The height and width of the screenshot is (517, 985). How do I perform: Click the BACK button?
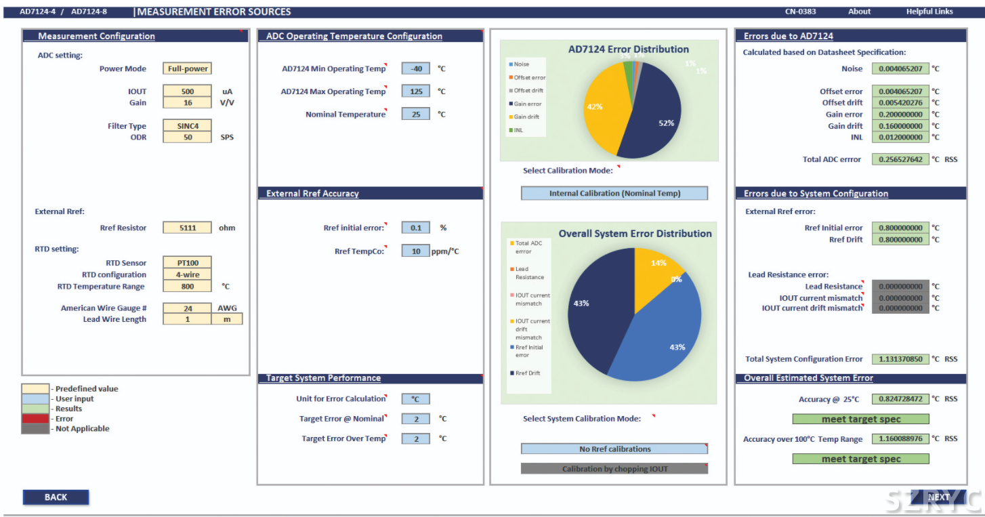pyautogui.click(x=56, y=497)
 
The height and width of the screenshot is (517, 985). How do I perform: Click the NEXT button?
pyautogui.click(x=938, y=497)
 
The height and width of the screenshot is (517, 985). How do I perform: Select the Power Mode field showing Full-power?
pyautogui.click(x=187, y=68)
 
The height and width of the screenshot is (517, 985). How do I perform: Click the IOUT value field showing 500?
pyautogui.click(x=187, y=91)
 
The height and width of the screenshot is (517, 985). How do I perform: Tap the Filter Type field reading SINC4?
pyautogui.click(x=187, y=126)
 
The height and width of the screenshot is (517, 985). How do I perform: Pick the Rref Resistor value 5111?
pyautogui.click(x=187, y=228)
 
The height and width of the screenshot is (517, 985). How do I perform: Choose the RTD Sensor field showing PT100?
pyautogui.click(x=187, y=263)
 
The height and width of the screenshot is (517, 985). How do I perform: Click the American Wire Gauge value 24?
pyautogui.click(x=187, y=308)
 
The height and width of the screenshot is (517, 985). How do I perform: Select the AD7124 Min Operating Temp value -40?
pyautogui.click(x=415, y=68)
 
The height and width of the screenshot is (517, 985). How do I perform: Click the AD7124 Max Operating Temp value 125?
pyautogui.click(x=415, y=91)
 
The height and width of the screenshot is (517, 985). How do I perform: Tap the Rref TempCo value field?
pyautogui.click(x=415, y=251)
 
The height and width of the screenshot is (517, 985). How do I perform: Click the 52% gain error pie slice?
pyautogui.click(x=654, y=115)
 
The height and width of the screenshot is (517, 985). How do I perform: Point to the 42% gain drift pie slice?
pyautogui.click(x=603, y=108)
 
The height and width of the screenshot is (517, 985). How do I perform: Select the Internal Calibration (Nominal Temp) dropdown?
pyautogui.click(x=614, y=194)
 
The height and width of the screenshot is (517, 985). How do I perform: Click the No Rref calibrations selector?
pyautogui.click(x=614, y=449)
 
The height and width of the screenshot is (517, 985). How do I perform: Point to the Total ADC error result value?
pyautogui.click(x=900, y=160)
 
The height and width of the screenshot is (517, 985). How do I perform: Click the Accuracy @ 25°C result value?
pyautogui.click(x=900, y=399)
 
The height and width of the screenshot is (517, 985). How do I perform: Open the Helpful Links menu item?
pyautogui.click(x=929, y=12)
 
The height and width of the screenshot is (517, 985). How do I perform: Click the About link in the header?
pyautogui.click(x=859, y=12)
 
